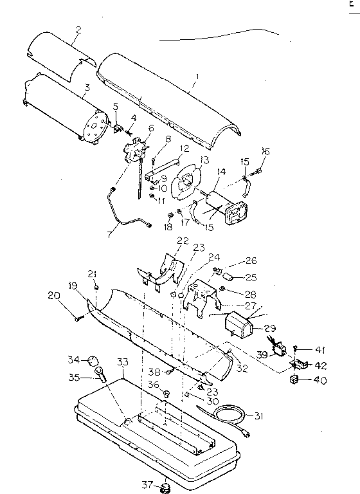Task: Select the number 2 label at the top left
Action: click(78, 30)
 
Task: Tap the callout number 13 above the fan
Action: click(204, 160)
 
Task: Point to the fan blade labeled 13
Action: click(186, 181)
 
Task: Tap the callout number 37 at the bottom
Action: click(148, 484)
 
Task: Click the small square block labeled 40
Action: click(294, 380)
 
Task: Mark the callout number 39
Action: click(263, 354)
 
